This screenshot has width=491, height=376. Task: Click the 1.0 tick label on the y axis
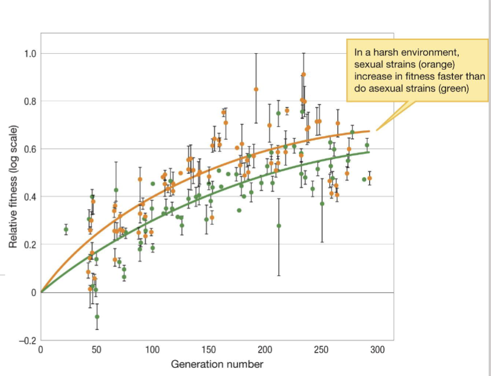point(29,54)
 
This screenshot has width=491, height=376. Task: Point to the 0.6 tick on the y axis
point(29,149)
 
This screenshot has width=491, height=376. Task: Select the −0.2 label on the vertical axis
point(27,340)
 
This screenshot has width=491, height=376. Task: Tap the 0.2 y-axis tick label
point(29,245)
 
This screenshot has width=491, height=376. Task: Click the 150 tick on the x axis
point(209,350)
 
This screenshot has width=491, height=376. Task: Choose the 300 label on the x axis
point(377,350)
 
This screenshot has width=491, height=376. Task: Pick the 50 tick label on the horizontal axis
point(97,350)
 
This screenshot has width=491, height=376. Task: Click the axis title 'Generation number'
point(217,364)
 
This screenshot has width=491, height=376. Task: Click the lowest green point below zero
point(97,316)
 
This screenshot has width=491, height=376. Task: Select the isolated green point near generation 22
point(66,229)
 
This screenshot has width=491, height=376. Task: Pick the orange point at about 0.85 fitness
point(256,89)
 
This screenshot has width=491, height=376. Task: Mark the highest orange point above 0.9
point(304,74)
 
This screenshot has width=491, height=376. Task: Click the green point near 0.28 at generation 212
point(279,225)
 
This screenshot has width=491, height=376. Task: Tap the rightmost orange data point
point(370,178)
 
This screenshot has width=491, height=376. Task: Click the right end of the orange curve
point(369,131)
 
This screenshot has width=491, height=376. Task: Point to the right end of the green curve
point(369,152)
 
